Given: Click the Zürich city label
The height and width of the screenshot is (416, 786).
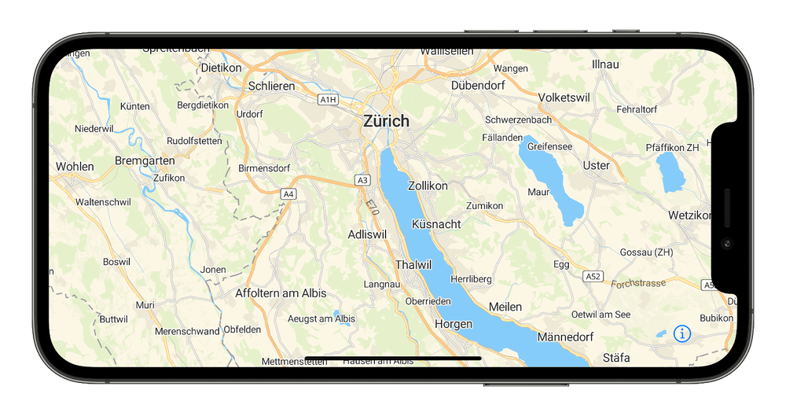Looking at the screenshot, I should [x=386, y=121].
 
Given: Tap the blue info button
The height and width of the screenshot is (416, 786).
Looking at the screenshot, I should [x=681, y=333].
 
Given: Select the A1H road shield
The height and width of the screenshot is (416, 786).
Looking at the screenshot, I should [x=328, y=100].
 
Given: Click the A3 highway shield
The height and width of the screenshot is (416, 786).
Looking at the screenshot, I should [x=362, y=180].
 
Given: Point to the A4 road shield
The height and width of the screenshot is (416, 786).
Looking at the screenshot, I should [x=288, y=193].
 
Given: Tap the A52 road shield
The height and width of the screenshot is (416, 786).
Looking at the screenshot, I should [x=593, y=277].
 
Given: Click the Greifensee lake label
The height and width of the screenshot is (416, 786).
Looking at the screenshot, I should [x=549, y=146].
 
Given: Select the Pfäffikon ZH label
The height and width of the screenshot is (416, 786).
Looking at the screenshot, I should [x=672, y=147].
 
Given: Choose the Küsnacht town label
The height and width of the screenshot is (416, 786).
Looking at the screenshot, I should [x=435, y=224].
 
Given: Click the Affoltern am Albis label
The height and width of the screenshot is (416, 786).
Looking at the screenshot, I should [x=281, y=293].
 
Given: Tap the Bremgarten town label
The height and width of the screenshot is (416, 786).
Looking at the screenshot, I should [x=144, y=160].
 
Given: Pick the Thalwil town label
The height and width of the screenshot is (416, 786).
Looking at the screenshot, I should [x=413, y=265].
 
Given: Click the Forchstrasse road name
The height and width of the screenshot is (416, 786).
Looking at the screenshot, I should [x=637, y=283].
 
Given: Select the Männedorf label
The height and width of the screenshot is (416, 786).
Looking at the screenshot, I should [x=564, y=337].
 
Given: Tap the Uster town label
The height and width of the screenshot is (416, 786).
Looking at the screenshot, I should [x=597, y=166].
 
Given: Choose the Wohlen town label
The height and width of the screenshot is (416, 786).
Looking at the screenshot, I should [x=75, y=167].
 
